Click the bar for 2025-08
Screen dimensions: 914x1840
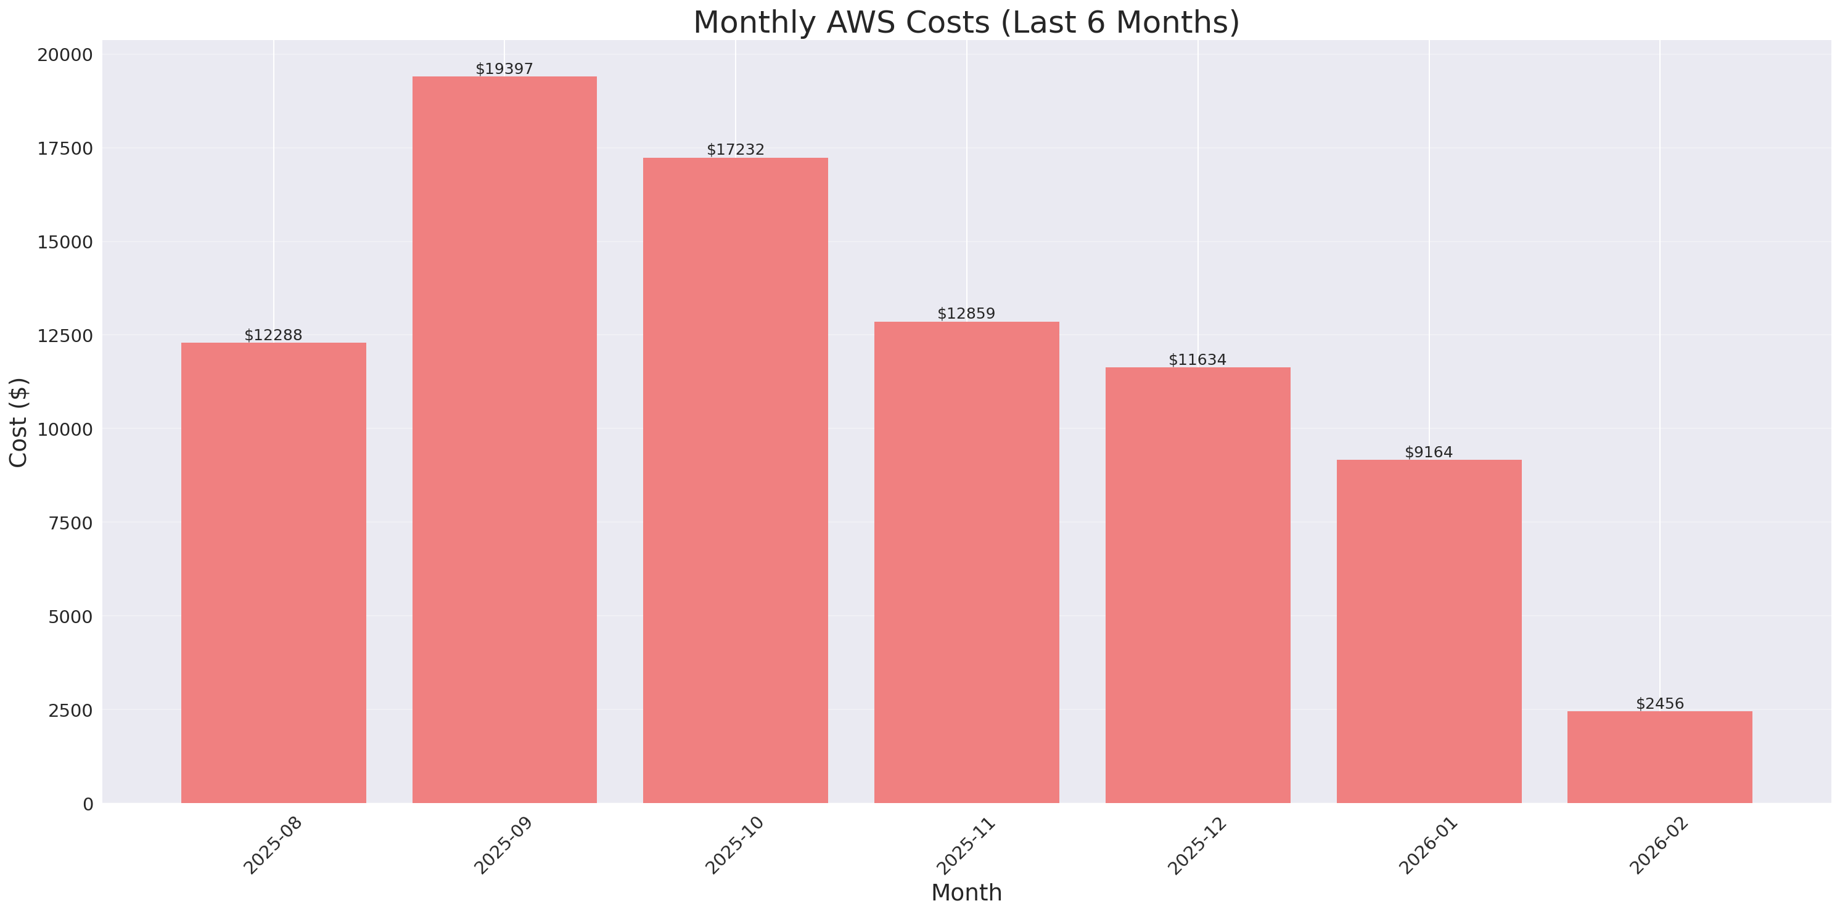click(274, 573)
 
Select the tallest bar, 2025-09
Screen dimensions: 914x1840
click(504, 439)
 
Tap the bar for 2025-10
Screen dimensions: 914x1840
click(735, 480)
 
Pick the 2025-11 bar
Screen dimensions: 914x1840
click(966, 562)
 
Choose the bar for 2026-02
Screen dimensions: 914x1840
click(1659, 757)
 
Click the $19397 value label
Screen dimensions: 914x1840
click(504, 68)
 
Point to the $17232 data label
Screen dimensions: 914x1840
click(735, 149)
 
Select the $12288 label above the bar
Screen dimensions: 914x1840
click(274, 335)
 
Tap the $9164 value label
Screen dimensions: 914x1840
click(1429, 452)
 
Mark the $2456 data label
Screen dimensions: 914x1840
click(1659, 703)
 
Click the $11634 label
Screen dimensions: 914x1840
click(1197, 359)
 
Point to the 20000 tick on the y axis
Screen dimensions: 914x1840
click(65, 55)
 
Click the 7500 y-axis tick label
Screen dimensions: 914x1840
click(71, 523)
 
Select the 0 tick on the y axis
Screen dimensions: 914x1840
click(88, 805)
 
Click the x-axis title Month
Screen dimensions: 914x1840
click(966, 892)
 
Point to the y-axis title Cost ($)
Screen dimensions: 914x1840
click(18, 422)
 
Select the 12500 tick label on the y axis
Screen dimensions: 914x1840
click(65, 336)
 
